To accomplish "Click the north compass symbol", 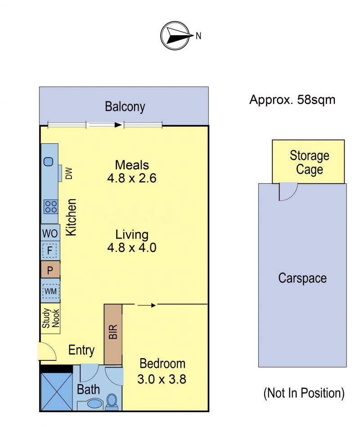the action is [x=175, y=36].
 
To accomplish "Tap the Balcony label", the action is [x=125, y=106].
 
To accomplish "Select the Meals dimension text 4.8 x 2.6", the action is [x=132, y=178].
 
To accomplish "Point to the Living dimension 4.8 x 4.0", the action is [x=132, y=248].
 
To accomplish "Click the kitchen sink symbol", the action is [x=49, y=162].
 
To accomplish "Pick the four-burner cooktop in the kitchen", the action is [x=51, y=207].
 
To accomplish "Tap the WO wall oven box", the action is [x=50, y=233].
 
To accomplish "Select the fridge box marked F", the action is [x=50, y=250].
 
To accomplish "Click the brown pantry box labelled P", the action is [x=50, y=270].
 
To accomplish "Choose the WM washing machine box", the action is [x=50, y=291].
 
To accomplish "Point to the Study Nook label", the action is [x=50, y=318].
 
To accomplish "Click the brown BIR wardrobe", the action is [x=113, y=334].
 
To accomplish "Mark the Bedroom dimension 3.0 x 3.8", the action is [x=162, y=379].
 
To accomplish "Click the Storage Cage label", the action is [x=310, y=162].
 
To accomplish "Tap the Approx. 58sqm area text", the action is [x=292, y=100].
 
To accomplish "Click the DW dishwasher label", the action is [x=69, y=173].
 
